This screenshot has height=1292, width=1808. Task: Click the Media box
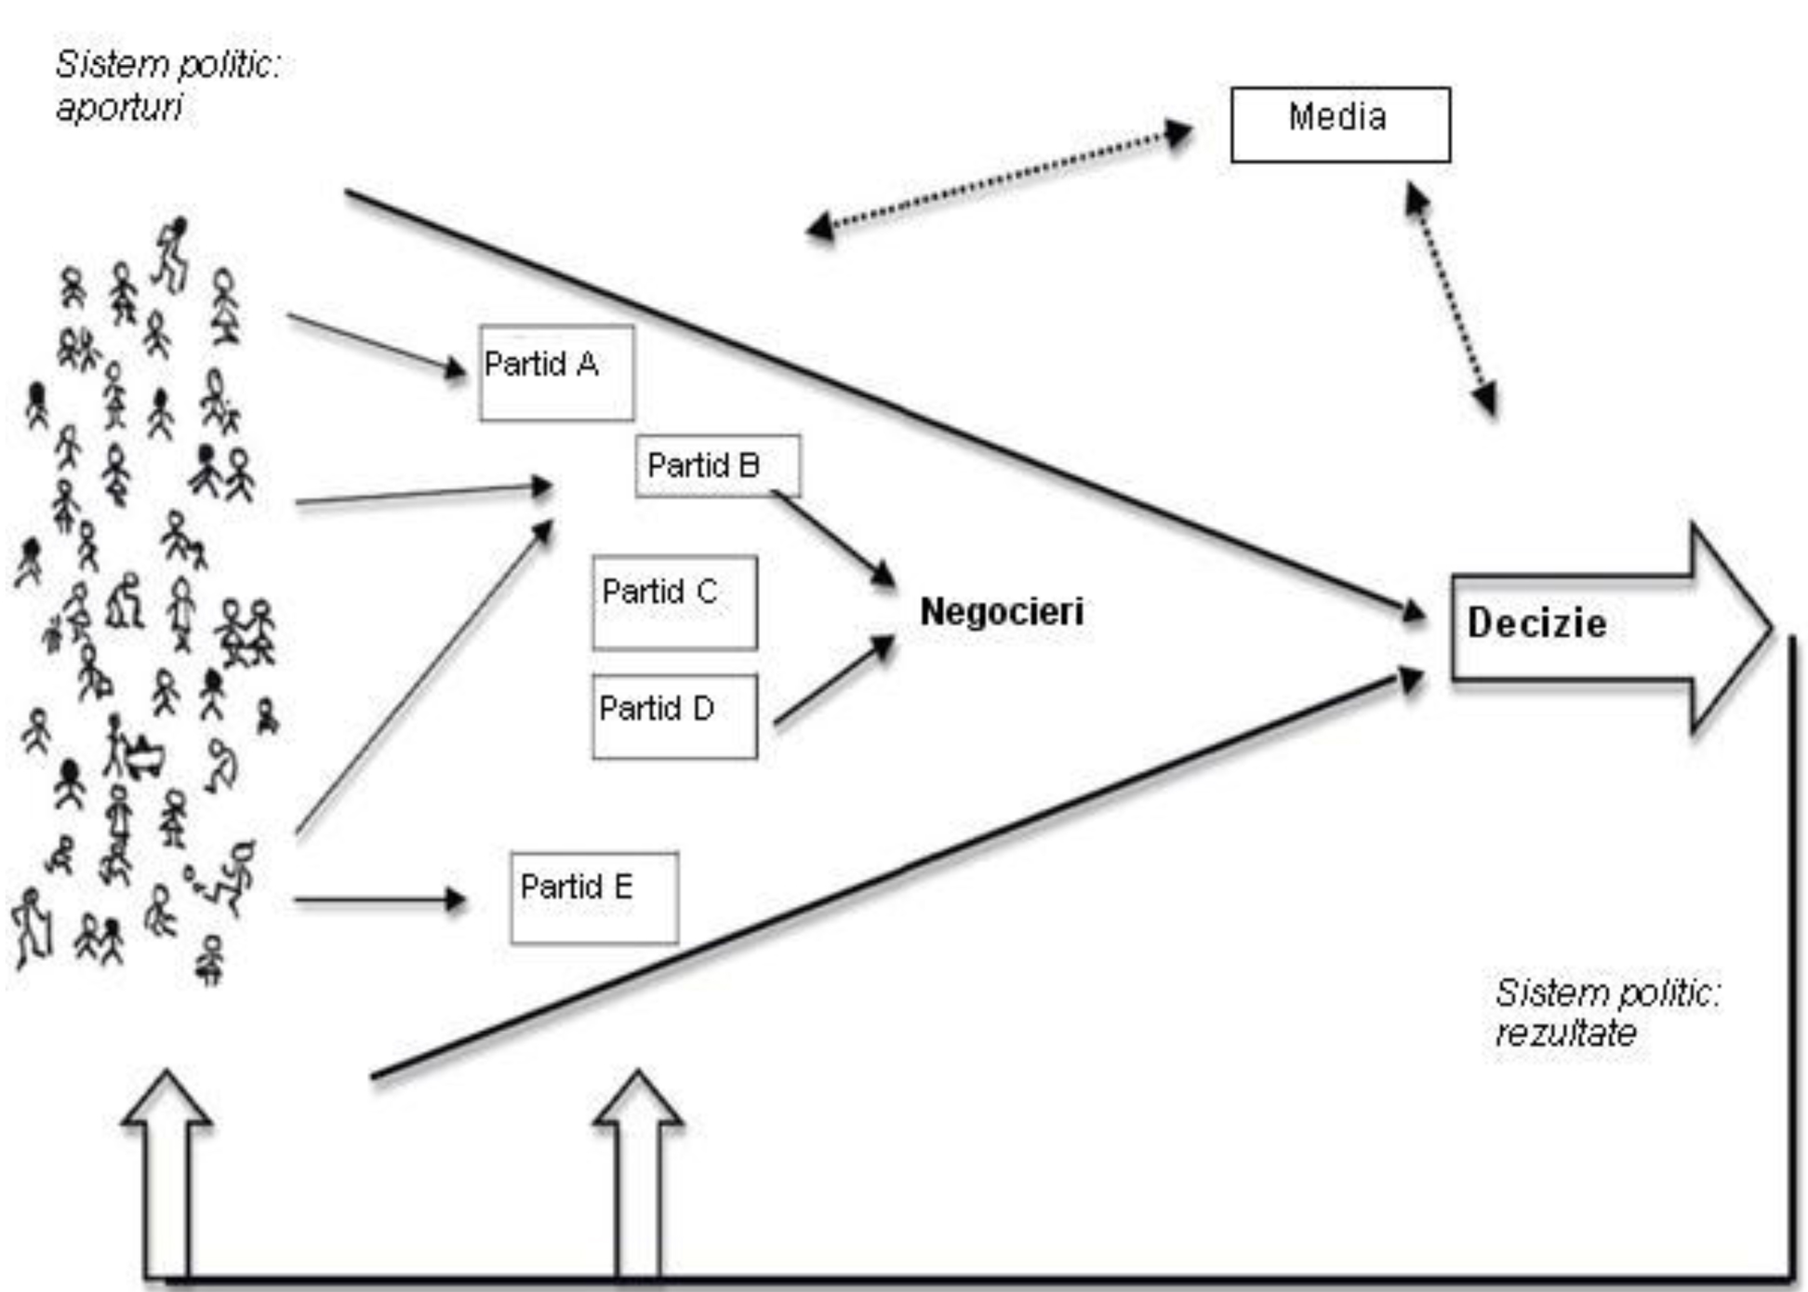tap(1339, 125)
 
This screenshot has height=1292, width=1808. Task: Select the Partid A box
tap(556, 373)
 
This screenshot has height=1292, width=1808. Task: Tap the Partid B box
tap(717, 465)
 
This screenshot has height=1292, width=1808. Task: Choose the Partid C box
tap(674, 602)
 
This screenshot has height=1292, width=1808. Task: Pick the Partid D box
tap(674, 716)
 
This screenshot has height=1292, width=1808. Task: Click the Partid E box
tap(594, 898)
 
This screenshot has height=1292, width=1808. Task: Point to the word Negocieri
tap(1002, 612)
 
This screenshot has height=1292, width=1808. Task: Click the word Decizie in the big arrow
tap(1536, 623)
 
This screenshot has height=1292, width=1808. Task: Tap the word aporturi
tap(119, 108)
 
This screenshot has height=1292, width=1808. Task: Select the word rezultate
tap(1565, 1032)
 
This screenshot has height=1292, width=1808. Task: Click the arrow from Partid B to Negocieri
tap(832, 539)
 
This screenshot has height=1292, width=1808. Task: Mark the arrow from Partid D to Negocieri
tap(833, 680)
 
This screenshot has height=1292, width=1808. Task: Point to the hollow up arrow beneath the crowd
tap(167, 1172)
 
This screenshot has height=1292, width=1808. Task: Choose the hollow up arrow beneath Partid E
tap(638, 1172)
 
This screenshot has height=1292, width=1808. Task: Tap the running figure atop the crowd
tap(172, 253)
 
